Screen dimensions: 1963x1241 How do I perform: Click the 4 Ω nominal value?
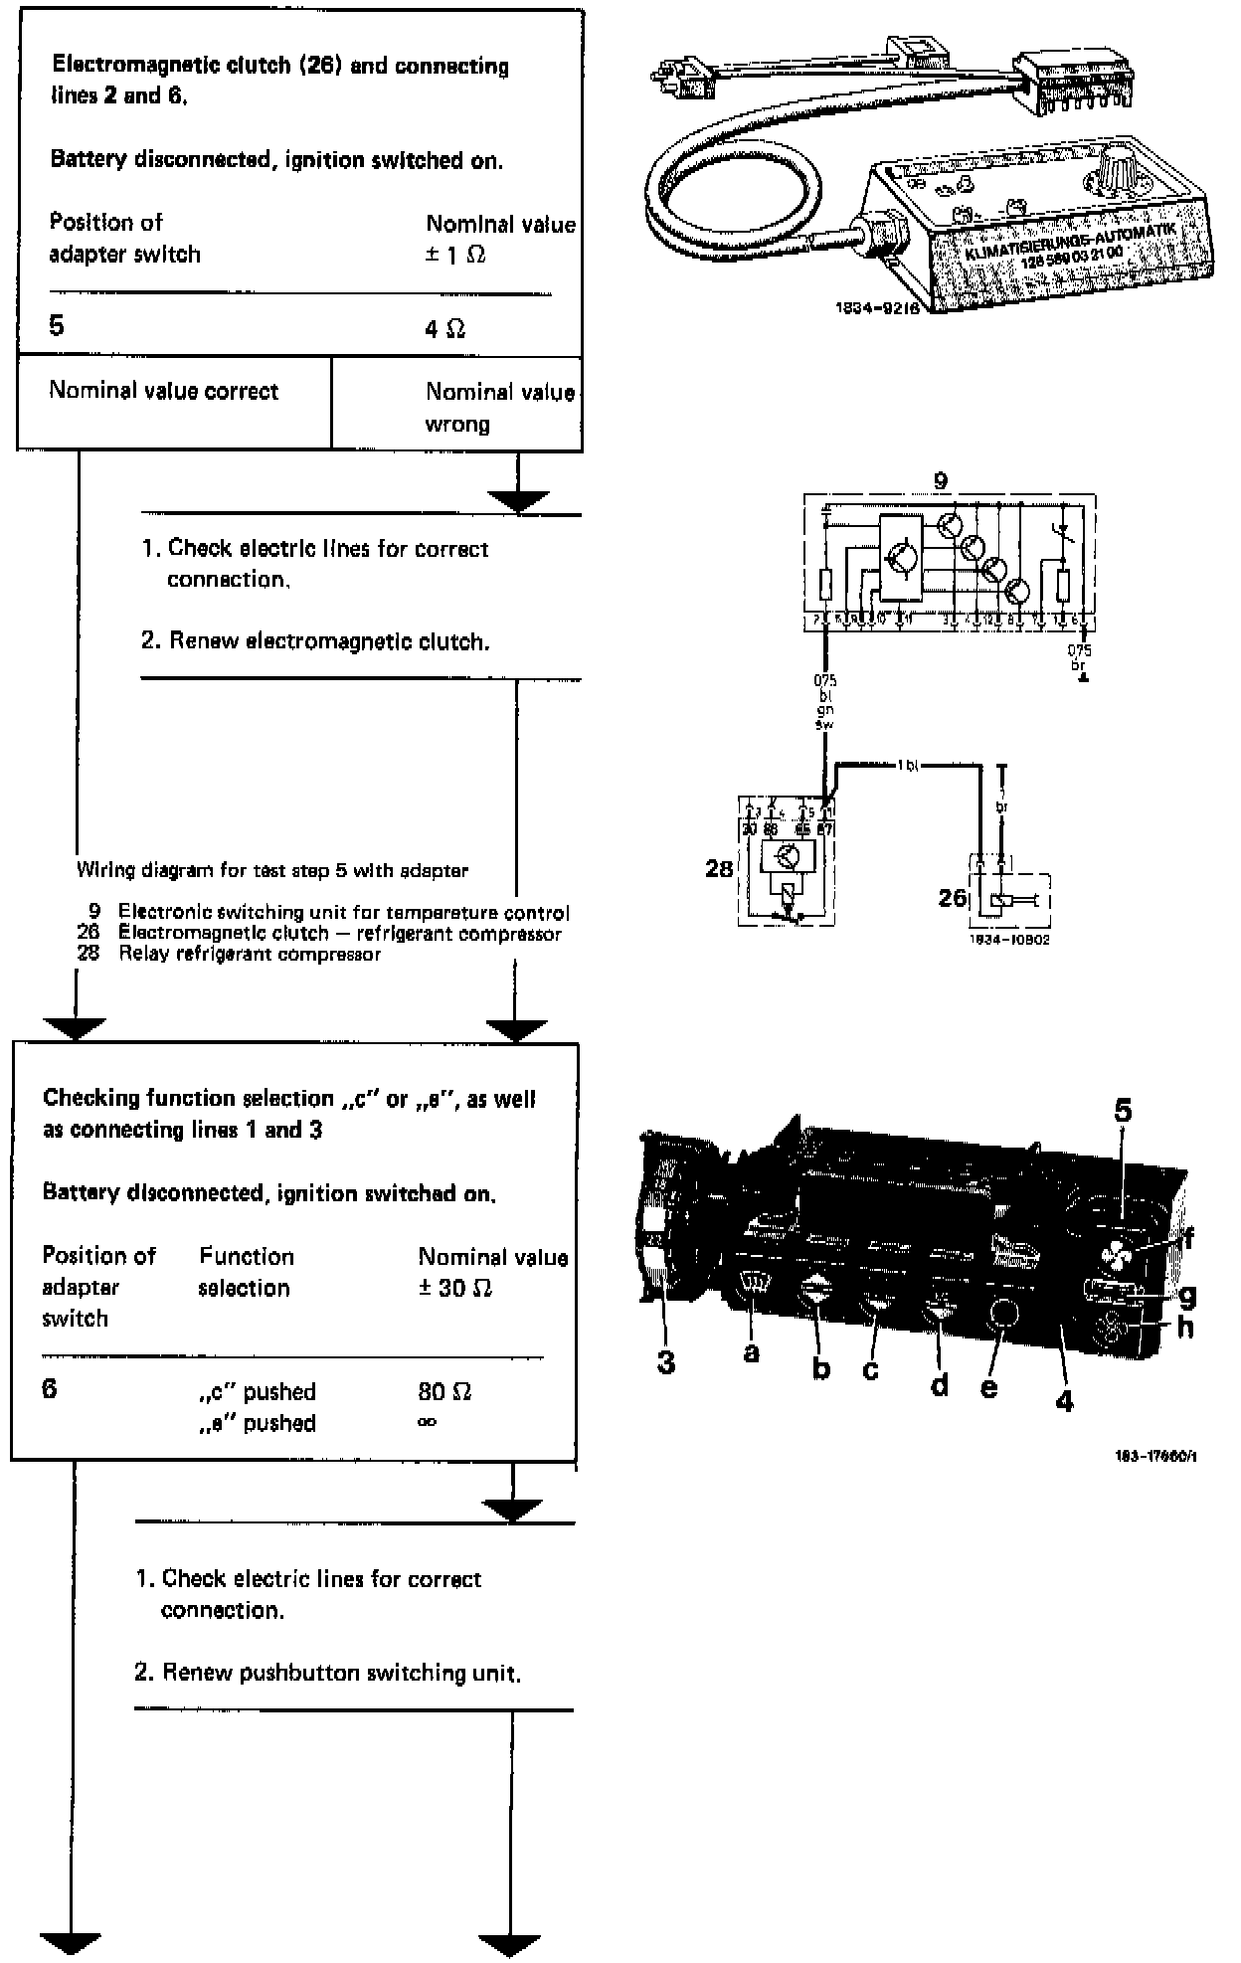(x=444, y=329)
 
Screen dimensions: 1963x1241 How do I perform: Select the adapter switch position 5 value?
(x=57, y=326)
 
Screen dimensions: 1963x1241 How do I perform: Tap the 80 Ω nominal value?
(x=444, y=1391)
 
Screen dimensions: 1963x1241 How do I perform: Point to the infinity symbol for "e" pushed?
(x=428, y=1422)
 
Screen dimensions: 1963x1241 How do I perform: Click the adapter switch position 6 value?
(x=50, y=1388)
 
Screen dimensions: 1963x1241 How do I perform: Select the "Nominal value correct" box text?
(x=163, y=391)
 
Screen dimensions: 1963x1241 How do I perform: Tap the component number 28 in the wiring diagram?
(x=718, y=869)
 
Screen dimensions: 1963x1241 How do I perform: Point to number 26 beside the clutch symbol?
(x=952, y=897)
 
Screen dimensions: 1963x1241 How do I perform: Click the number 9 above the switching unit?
(x=941, y=480)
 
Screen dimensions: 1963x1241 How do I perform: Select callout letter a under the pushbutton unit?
(x=751, y=1352)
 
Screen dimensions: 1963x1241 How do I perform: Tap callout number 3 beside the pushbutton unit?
(x=666, y=1362)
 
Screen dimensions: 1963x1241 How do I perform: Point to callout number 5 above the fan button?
(x=1123, y=1111)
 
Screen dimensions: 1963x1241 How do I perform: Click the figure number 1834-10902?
(x=1008, y=938)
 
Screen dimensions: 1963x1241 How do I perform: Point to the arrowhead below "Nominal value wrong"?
(x=518, y=501)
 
